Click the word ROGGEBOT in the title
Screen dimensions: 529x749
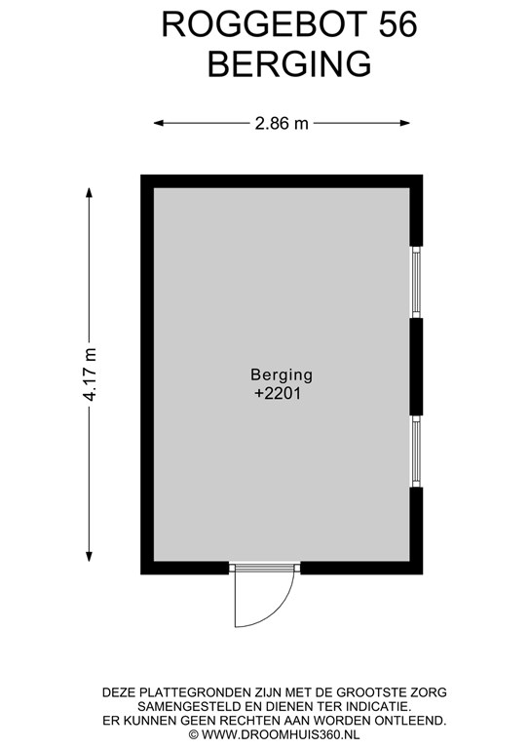266,24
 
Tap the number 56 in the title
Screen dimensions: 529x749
398,24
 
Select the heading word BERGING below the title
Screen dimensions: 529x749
289,64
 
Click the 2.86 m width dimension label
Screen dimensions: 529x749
282,123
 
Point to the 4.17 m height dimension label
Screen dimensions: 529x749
90,374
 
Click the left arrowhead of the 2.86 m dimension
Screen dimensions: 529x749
159,123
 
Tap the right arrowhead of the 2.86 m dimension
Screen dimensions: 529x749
405,123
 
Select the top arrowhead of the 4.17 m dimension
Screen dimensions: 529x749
90,193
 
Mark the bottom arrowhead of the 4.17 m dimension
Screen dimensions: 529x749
90,556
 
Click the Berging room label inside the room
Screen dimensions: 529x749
282,374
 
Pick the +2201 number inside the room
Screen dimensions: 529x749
278,394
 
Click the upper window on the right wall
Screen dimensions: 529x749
416,282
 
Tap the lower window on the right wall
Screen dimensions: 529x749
416,452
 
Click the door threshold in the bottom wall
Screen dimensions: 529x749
265,568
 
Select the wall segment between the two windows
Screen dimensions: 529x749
416,367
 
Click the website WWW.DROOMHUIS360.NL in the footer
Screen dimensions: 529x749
281,734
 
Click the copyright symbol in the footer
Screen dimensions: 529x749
193,734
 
